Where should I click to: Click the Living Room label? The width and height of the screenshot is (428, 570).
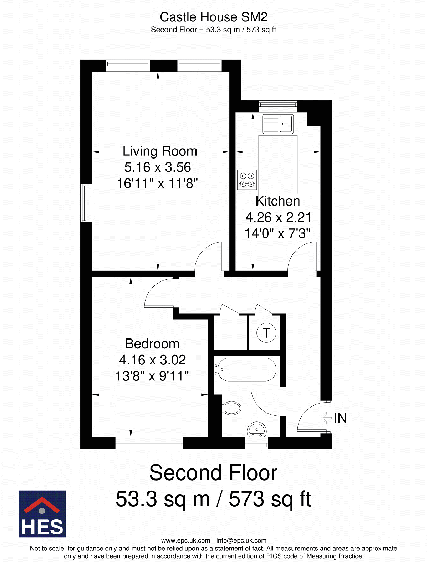pos(160,151)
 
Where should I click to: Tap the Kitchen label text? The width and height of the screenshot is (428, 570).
pos(277,201)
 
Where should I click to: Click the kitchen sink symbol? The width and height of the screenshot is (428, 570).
pos(278,124)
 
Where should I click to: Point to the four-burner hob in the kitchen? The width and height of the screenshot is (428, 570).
pos(247,180)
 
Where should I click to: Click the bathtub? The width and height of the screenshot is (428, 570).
pos(246,369)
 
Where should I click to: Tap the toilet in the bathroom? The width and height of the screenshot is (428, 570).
pos(232,408)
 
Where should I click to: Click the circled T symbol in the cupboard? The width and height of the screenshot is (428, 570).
pos(266,333)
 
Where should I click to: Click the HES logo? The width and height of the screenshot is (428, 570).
pos(42,514)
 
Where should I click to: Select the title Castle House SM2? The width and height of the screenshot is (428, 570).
pos(214,17)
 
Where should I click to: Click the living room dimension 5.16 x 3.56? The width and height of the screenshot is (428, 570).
pos(158,167)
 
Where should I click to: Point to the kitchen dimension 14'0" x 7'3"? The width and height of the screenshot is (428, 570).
pos(277,233)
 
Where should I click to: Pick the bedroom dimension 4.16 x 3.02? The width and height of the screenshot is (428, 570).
pos(153,360)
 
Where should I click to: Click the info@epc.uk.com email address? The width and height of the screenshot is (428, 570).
pos(241,541)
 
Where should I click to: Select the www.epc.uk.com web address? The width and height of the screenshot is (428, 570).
pos(185,541)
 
